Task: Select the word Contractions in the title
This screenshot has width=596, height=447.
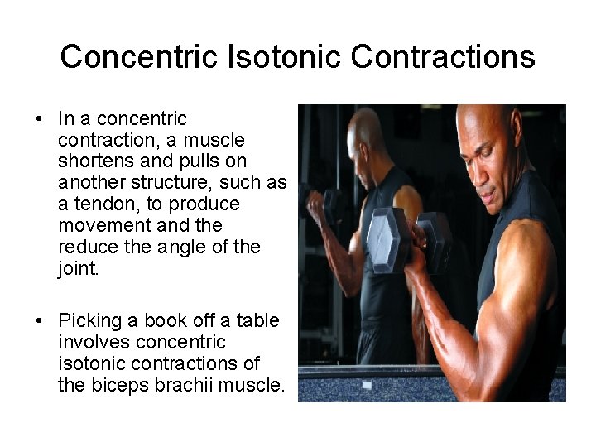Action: (x=443, y=56)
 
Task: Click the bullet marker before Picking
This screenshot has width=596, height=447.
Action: (x=40, y=320)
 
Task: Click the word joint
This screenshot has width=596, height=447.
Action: (x=79, y=267)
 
